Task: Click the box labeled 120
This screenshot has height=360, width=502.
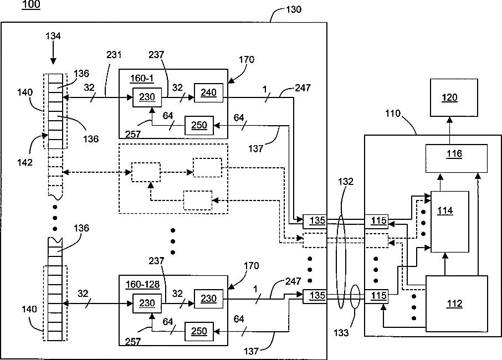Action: point(449,97)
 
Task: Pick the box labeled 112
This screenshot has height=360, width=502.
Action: point(456,303)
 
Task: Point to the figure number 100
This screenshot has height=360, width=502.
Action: point(32,5)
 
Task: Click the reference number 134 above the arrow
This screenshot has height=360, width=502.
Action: point(53,37)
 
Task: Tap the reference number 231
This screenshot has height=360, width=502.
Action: point(114,56)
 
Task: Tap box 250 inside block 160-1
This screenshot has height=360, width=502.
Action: point(198,126)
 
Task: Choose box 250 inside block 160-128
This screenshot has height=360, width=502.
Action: point(198,332)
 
